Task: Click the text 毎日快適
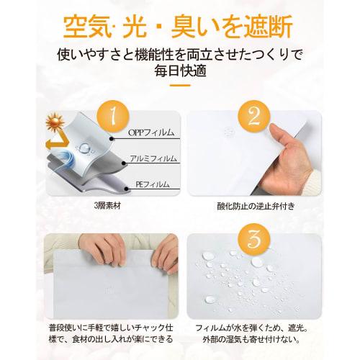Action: click(x=179, y=73)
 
